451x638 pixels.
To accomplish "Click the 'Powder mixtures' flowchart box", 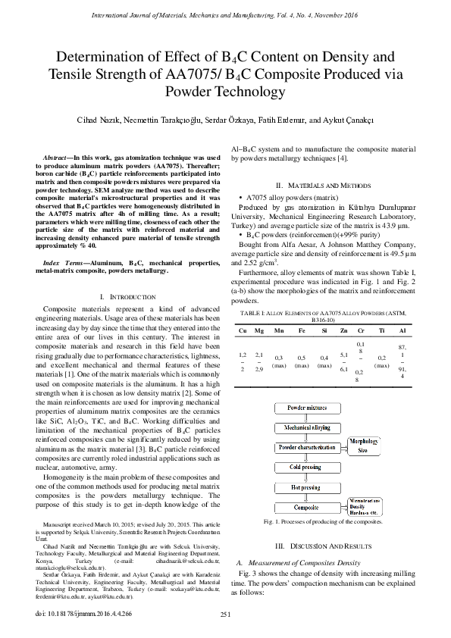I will (x=307, y=408).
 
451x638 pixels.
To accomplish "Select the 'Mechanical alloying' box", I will (x=307, y=427).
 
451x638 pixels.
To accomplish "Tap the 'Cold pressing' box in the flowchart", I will (x=307, y=468).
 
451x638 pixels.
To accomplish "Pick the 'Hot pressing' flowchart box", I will (x=307, y=487).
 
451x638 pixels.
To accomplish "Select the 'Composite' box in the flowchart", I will (x=307, y=507).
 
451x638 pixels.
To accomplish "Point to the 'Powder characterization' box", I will (x=307, y=448).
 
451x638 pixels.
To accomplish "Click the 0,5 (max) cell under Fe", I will (x=302, y=361).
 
